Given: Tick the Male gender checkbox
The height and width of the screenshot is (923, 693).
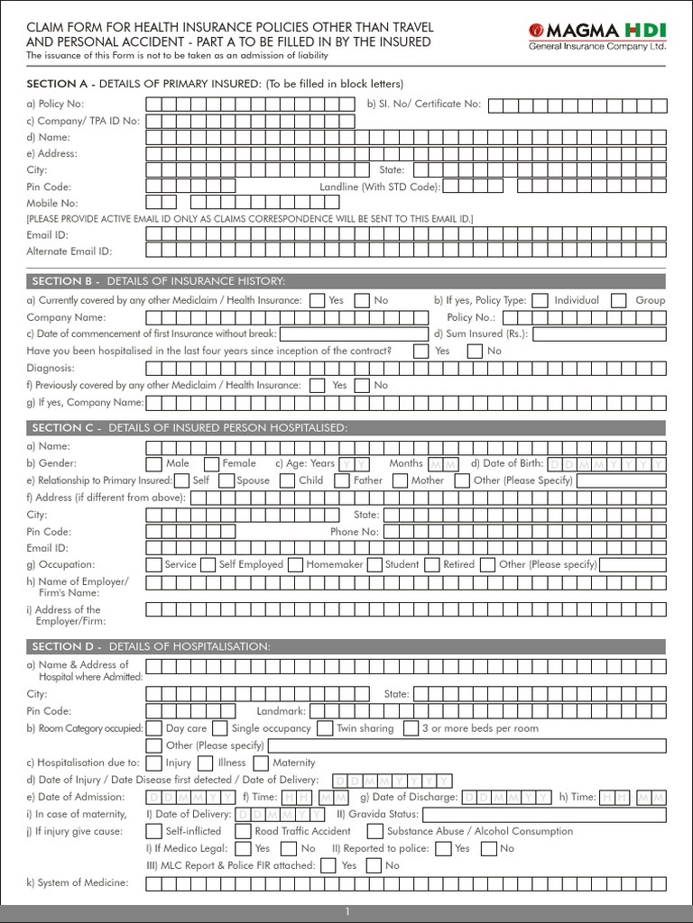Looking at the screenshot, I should point(154,463).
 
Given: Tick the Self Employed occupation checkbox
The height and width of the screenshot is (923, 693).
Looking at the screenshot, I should point(207,564).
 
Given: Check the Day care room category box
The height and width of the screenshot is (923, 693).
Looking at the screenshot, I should point(154,728).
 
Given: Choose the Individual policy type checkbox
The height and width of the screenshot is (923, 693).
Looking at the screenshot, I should point(540,300).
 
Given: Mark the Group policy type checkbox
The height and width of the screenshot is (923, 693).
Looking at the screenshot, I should point(619,300).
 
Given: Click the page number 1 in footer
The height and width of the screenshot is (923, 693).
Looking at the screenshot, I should point(346,913).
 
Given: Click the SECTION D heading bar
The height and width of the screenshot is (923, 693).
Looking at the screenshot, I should point(346,646).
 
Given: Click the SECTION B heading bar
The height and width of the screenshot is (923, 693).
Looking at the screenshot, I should point(346,281).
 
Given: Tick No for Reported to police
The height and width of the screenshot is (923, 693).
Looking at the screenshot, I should point(488,848).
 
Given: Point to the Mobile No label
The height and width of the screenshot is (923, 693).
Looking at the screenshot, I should point(52,203).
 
